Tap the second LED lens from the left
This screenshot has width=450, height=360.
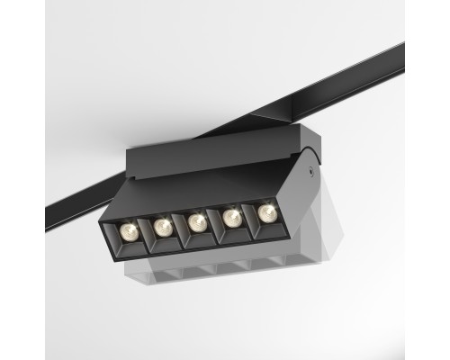click(x=164, y=224)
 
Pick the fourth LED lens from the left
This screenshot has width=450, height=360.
click(x=232, y=216)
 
